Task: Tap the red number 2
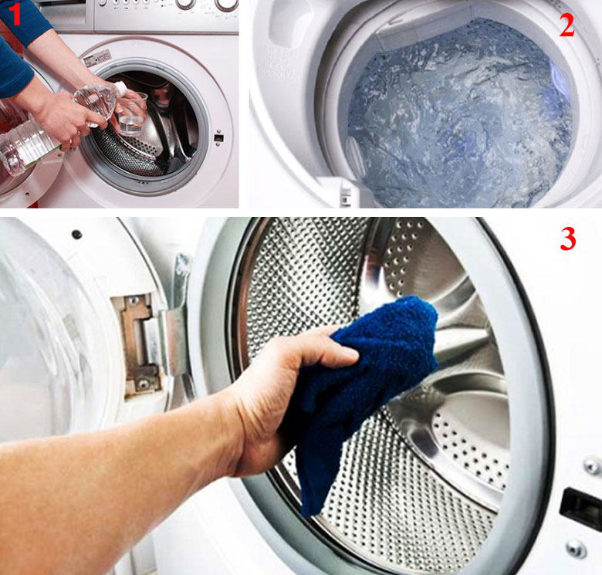point(566,25)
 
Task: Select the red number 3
point(568,238)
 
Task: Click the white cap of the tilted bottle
point(120,89)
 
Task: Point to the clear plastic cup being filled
point(132,113)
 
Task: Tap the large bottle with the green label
point(24,146)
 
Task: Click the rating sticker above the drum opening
point(97,59)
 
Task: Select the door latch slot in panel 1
point(219,137)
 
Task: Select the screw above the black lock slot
point(592,465)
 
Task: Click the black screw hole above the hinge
point(76,233)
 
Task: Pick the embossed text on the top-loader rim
point(279,63)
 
